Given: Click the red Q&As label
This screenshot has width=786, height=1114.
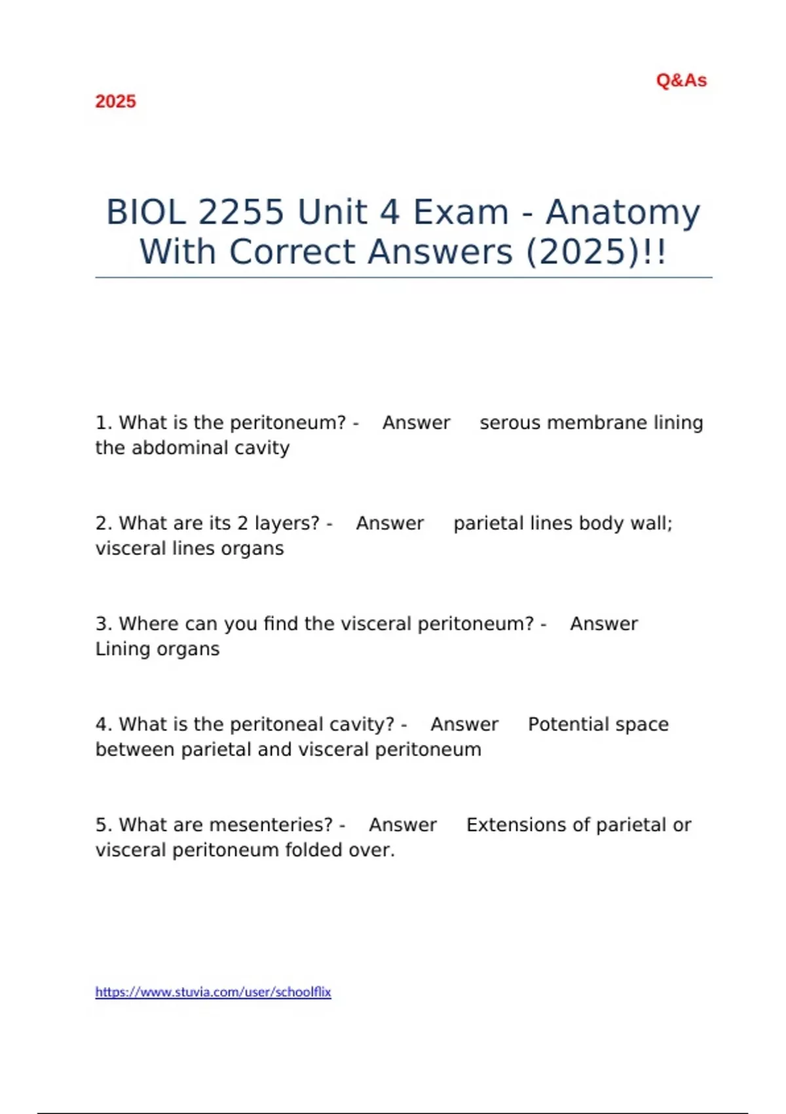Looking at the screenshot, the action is click(681, 81).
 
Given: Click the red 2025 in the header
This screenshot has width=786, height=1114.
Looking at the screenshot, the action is click(115, 102).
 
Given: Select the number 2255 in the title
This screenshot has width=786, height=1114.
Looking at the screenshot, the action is click(241, 212).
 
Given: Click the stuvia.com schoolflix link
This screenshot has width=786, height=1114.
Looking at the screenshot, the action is click(214, 992).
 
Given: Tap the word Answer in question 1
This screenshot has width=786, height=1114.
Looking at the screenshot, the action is click(416, 423).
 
